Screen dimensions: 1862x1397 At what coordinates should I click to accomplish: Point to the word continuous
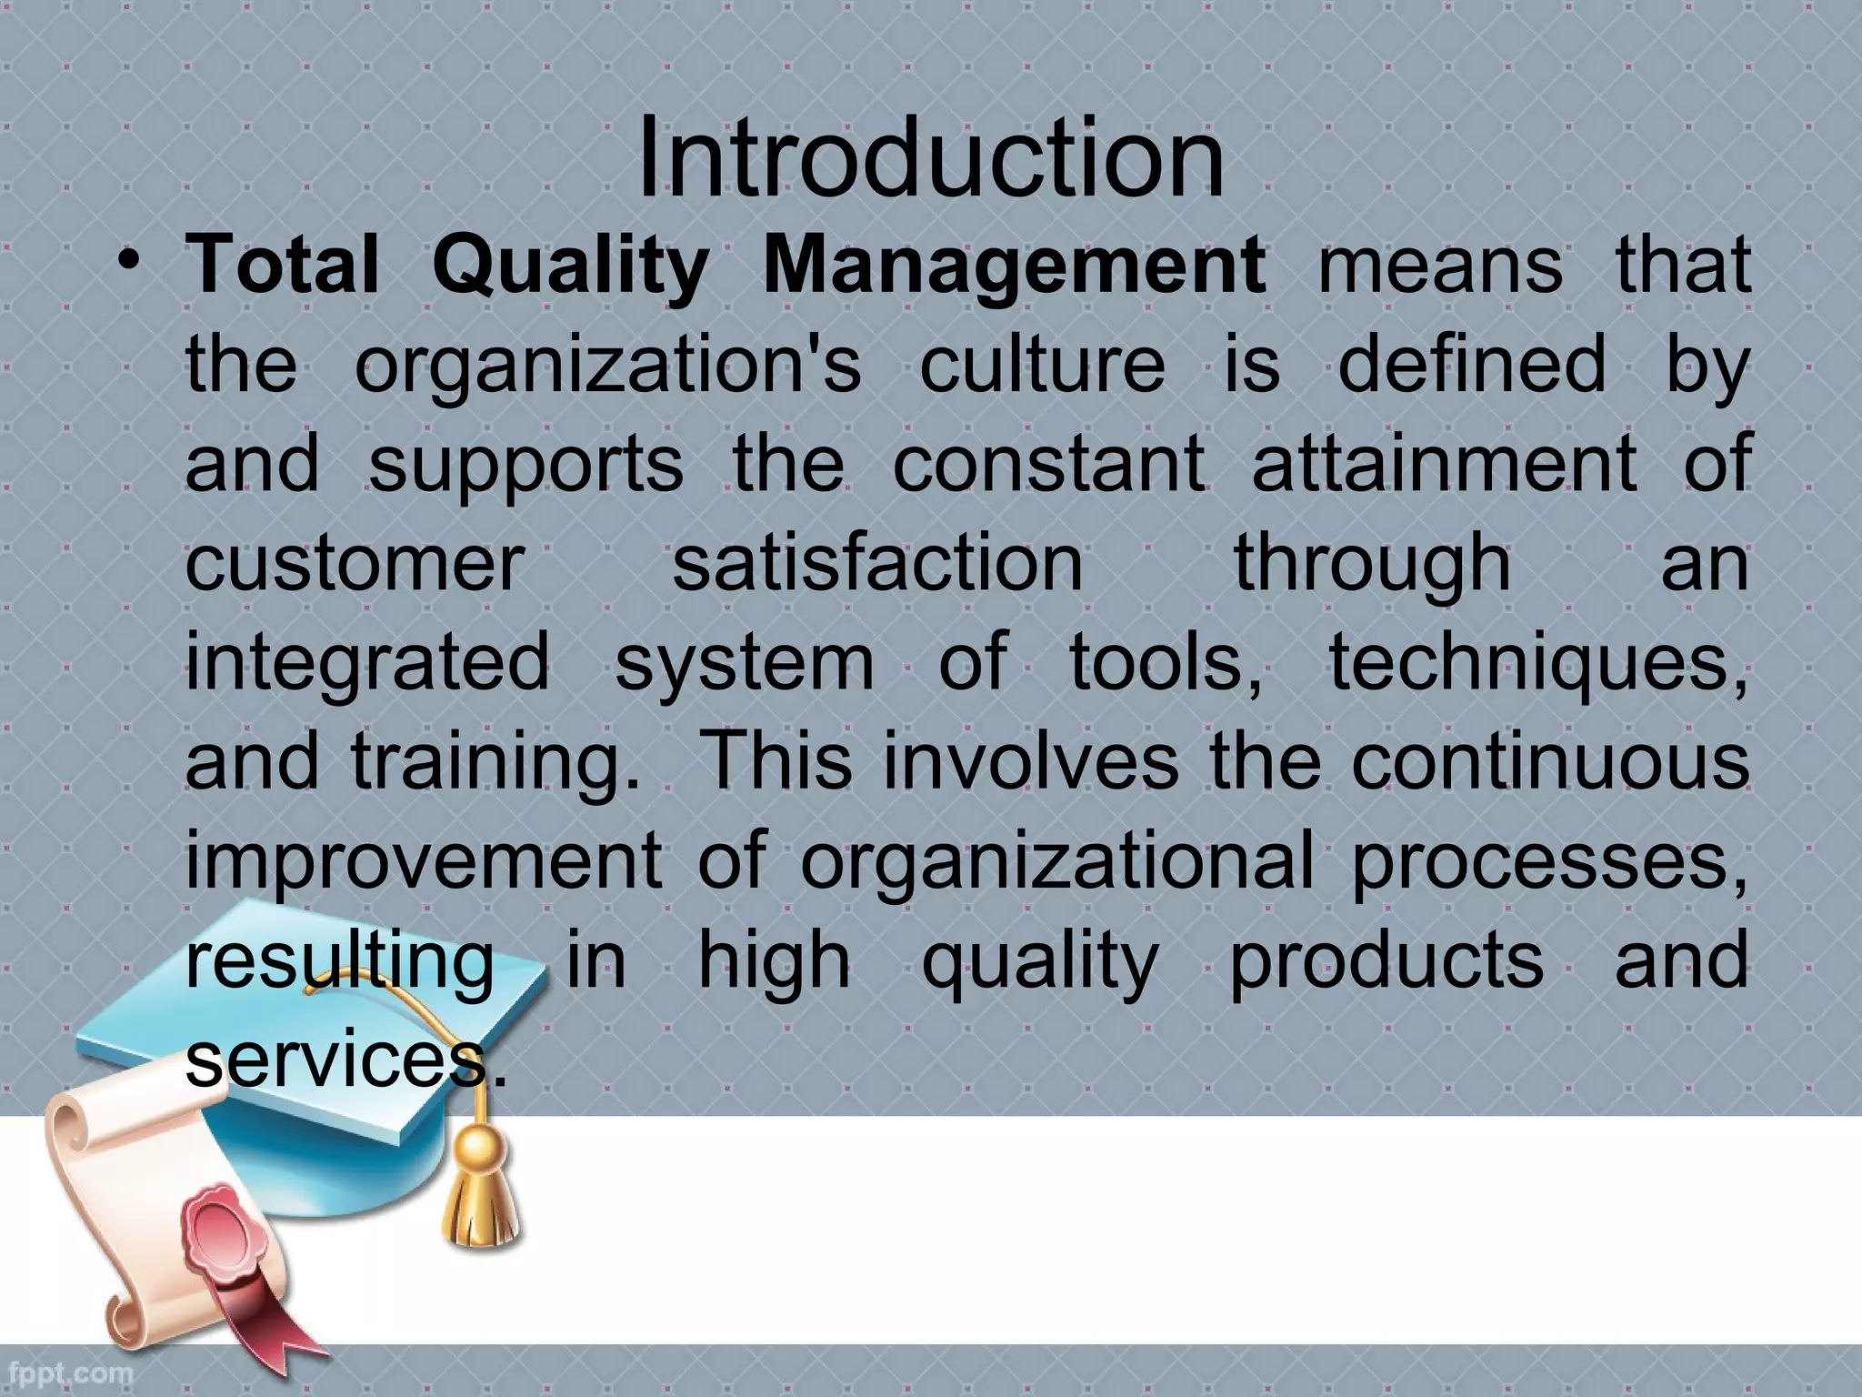1549,765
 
